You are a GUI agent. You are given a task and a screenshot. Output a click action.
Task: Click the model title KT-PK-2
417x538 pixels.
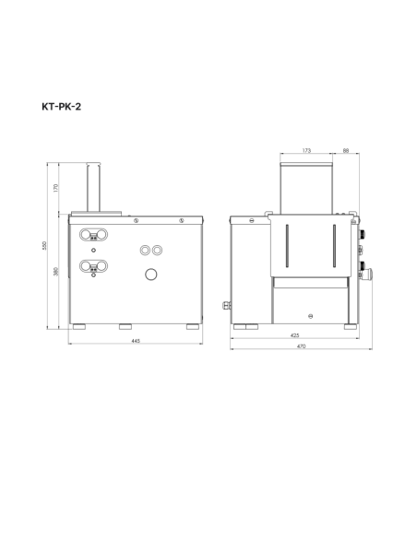pos(62,107)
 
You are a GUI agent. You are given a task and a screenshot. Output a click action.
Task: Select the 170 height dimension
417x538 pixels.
pos(56,188)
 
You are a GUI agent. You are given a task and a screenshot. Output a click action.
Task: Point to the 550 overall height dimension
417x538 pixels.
pos(44,245)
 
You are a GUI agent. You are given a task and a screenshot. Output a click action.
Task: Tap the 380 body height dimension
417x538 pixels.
pos(56,272)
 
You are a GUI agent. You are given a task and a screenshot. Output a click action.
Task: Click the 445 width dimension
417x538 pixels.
pos(136,341)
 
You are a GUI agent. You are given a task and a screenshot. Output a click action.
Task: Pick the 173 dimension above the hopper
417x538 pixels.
pos(306,150)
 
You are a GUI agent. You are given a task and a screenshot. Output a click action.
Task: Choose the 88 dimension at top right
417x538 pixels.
pos(346,150)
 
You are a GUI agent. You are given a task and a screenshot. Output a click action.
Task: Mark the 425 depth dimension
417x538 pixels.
pos(294,335)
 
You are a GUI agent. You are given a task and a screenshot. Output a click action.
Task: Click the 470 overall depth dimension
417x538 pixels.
pos(301,346)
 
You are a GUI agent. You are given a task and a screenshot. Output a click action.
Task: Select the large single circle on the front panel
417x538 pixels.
pos(151,275)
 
